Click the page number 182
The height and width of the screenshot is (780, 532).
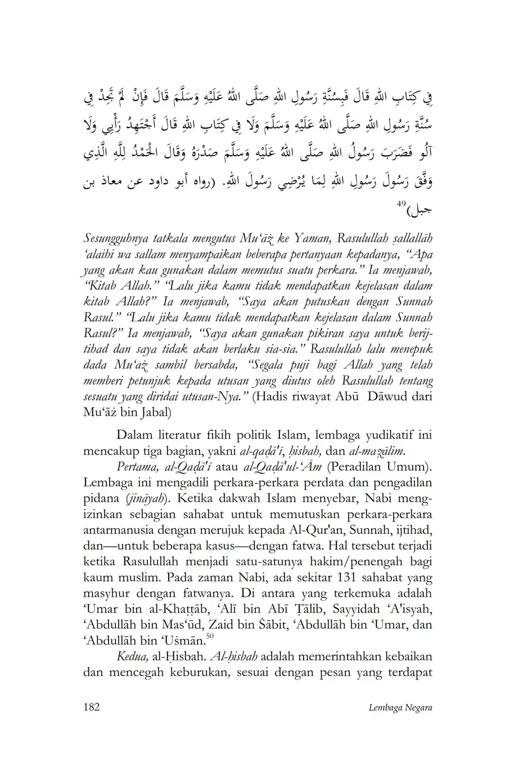click(91, 707)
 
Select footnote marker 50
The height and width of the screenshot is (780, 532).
click(210, 636)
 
